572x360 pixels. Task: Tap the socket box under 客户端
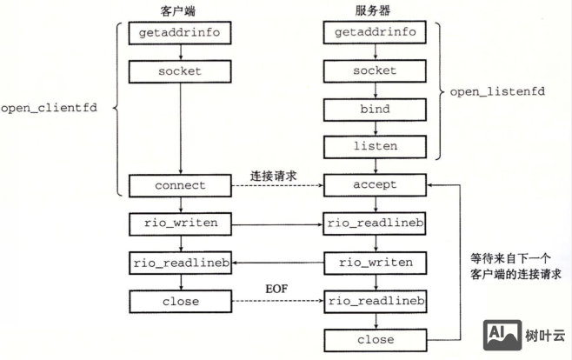[x=180, y=70]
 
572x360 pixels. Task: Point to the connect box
[x=180, y=184]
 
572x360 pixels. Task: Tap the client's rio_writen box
[x=180, y=223]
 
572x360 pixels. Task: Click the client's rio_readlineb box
[x=180, y=262]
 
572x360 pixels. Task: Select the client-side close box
[x=180, y=301]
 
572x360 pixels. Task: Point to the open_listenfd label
[x=498, y=90]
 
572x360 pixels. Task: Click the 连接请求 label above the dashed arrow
[x=274, y=174]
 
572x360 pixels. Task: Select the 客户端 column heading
[x=180, y=10]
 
